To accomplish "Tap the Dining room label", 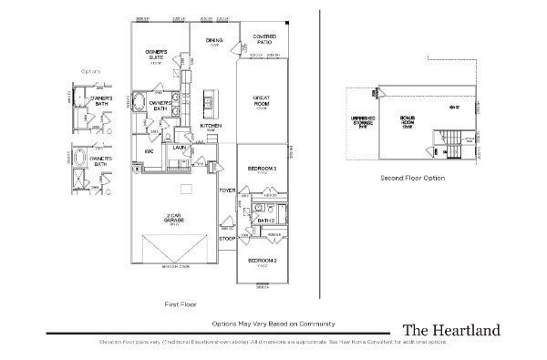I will point(213,42).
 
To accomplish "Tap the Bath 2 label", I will point(265,220).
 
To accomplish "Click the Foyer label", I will point(227,190).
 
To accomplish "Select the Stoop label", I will point(227,238).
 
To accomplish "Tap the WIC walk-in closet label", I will point(148,150).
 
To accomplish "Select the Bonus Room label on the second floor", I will point(408,120).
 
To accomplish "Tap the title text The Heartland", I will point(450,330).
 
